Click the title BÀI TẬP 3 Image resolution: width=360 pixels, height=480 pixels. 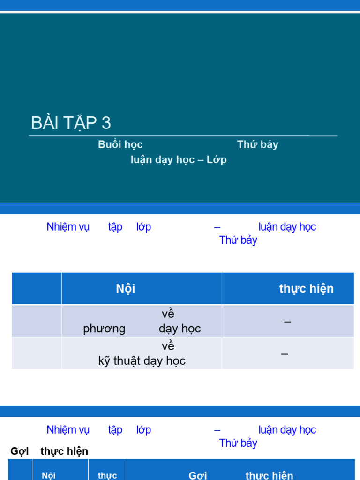coord(71,123)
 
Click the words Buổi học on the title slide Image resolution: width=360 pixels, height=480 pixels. coord(120,144)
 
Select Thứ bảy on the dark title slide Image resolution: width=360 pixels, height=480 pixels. coord(257,144)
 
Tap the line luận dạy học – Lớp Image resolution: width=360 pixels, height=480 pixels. coord(179,159)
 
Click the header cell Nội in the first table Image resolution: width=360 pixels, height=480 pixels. coord(126,288)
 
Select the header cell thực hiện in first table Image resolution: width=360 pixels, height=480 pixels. coord(307,288)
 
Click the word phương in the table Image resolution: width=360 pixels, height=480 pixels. coord(104,329)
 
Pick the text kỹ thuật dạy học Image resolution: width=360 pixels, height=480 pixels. coord(142,360)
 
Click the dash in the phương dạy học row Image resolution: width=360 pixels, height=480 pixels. coord(287,322)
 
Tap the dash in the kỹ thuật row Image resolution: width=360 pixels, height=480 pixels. coord(285,353)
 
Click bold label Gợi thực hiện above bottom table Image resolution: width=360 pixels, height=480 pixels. coord(49,451)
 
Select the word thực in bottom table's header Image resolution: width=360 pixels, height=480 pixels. coord(107,475)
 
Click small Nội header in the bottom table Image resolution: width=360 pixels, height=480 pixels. coord(49,475)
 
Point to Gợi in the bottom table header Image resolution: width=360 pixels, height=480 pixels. coord(198,475)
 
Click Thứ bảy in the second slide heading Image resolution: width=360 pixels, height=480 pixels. coord(238,240)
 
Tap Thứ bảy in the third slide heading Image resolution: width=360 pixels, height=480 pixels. coord(238,443)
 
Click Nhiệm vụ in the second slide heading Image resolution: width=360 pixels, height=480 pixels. coord(68,227)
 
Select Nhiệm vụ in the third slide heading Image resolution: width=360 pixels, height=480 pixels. coord(68,430)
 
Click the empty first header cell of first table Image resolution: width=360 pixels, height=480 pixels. coord(37,288)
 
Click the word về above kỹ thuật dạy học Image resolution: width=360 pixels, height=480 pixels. coord(168,346)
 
